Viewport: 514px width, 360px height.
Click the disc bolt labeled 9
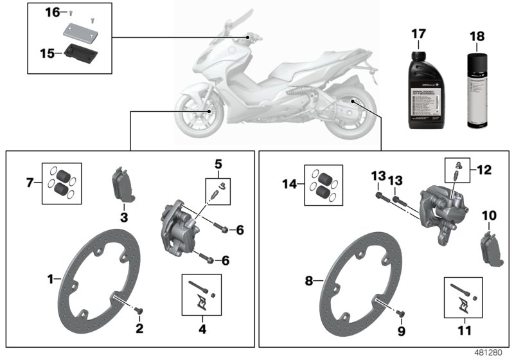tap(400, 313)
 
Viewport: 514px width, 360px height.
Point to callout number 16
tap(51, 12)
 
